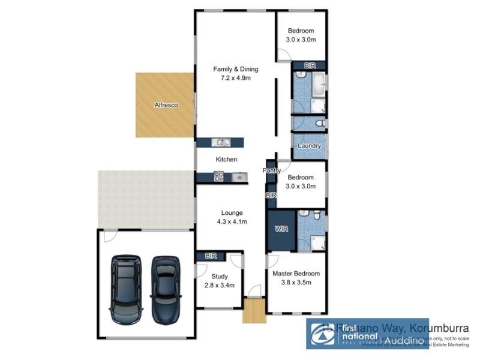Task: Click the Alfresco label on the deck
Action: point(166,105)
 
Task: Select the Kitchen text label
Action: point(227,160)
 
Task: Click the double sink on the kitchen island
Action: point(223,142)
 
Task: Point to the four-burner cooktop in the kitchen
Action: point(219,176)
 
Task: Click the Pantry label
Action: point(271,171)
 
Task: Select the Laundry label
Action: point(309,146)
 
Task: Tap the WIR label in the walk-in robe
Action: point(281,229)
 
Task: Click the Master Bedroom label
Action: point(296,274)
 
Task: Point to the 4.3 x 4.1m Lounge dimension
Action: point(232,221)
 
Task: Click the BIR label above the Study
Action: point(210,256)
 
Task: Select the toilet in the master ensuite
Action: point(305,215)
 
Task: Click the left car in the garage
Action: point(126,289)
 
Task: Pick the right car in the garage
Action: point(166,289)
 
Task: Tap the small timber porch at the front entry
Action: point(254,311)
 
